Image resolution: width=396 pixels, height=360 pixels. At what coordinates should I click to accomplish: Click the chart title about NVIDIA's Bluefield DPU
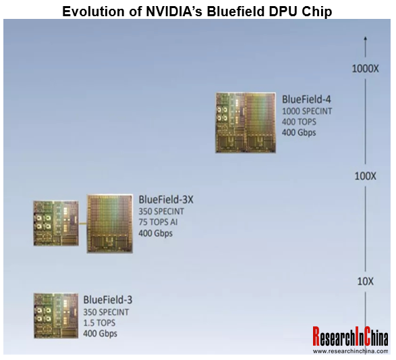tap(197, 11)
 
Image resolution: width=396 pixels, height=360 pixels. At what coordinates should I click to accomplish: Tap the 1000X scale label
tap(365, 68)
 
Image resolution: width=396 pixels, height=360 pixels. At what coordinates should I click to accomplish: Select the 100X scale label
tap(365, 176)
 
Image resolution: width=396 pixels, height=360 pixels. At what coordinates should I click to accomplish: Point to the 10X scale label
tap(365, 281)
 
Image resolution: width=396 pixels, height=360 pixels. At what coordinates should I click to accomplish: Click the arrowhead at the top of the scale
tap(365, 38)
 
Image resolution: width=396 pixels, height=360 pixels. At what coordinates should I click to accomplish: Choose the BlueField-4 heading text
tap(306, 99)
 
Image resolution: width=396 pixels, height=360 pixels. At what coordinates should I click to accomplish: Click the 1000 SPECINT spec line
tap(307, 111)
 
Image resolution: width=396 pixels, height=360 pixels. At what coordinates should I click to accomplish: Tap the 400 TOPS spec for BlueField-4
tap(299, 122)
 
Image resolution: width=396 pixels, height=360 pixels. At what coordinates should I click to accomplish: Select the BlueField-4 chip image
tap(246, 123)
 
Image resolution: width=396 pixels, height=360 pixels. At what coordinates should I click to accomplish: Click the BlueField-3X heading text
tap(166, 199)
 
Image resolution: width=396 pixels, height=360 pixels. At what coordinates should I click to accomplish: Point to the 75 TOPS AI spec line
tap(158, 222)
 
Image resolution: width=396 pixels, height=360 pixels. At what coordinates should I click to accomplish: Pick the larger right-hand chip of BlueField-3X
tap(109, 224)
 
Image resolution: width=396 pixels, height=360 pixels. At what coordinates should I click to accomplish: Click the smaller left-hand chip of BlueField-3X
tap(56, 224)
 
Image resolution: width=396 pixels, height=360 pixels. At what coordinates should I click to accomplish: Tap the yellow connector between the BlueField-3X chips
tap(82, 224)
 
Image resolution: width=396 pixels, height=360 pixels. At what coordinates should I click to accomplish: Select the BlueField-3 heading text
tap(108, 300)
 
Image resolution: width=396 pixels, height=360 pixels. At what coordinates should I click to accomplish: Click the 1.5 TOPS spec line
tap(99, 323)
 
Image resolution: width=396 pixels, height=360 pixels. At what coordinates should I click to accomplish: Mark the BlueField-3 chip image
tap(56, 315)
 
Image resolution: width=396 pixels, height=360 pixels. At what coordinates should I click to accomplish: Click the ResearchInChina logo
tap(351, 336)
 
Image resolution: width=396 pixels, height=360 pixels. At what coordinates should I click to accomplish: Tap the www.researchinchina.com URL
tap(351, 351)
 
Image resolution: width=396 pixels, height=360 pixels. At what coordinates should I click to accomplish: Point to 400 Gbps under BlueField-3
tap(100, 334)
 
